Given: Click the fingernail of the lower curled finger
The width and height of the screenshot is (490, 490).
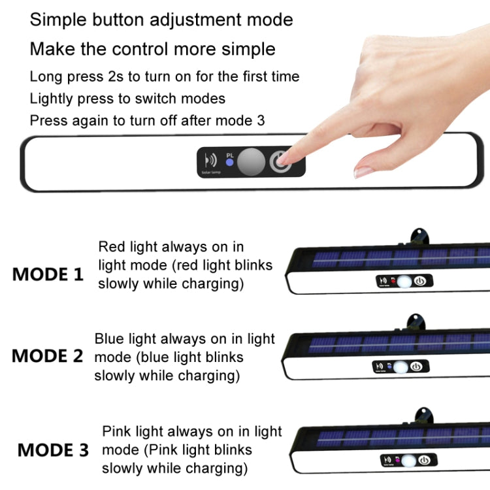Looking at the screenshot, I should [363, 172].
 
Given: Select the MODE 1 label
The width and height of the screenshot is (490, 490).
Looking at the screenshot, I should [48, 274].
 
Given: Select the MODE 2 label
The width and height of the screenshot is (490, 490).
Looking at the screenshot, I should [48, 356].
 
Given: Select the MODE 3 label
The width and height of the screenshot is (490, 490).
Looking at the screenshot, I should [53, 450].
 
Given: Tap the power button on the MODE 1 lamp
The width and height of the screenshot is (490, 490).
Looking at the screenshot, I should [421, 282].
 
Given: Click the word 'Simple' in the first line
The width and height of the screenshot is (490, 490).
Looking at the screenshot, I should [58, 20].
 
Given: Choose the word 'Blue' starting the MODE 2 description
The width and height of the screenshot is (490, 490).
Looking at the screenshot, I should [108, 339].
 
